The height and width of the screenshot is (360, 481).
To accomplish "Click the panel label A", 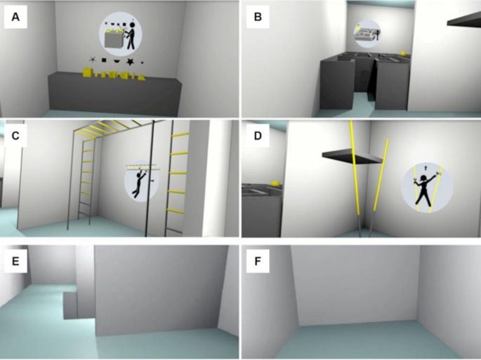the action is point(15,17).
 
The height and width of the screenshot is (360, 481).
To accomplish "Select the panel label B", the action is point(258,17).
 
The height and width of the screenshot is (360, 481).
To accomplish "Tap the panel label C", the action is point(15,135).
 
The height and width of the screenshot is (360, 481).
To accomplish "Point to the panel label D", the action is point(258,135).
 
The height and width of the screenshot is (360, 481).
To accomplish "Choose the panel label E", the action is point(15,261).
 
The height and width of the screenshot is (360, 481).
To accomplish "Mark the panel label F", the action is point(258,261).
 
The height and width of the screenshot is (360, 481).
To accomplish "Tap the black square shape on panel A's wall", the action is point(104,60).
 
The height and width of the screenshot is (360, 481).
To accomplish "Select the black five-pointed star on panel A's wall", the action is point(131,62).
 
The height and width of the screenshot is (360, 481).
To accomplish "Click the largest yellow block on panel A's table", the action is point(88,72).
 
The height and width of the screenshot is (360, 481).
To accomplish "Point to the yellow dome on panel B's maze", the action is point(404,53).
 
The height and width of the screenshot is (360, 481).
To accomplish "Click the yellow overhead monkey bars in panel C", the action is point(114,128).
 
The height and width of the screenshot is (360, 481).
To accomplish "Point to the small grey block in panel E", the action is point(70,305).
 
